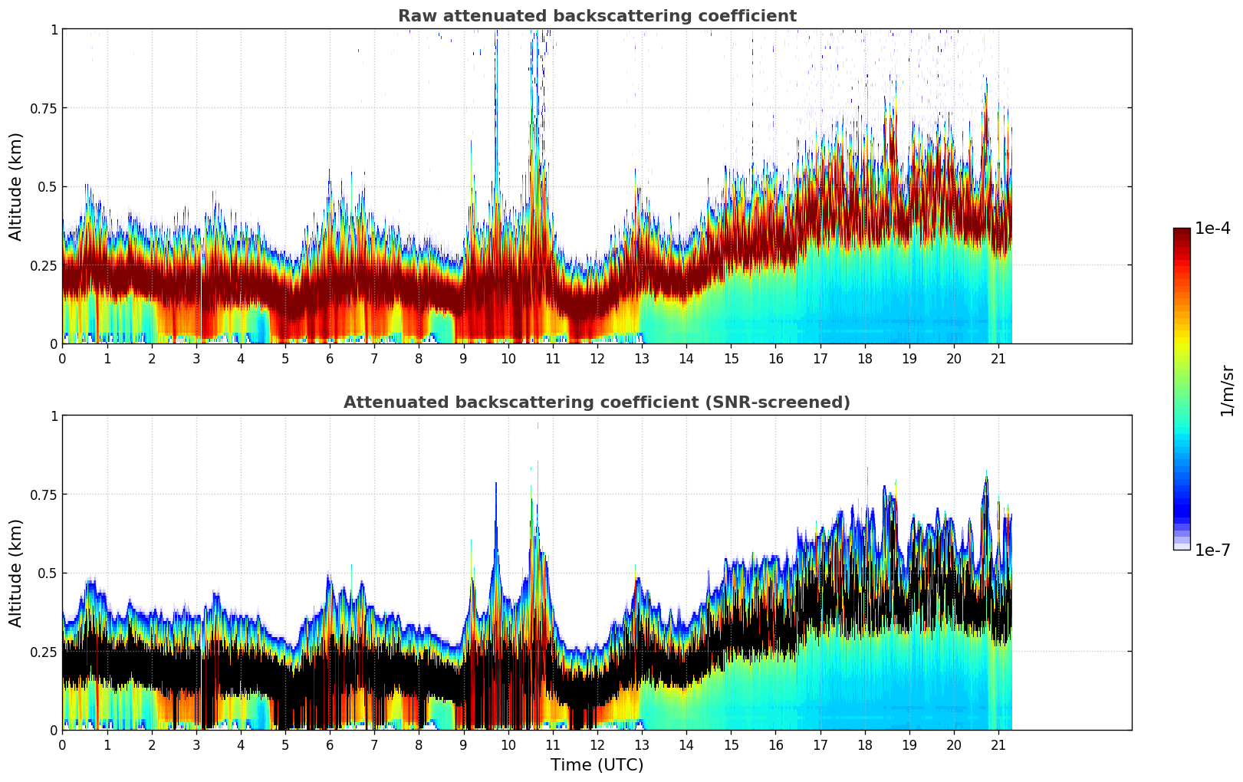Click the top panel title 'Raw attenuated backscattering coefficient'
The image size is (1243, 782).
[597, 16]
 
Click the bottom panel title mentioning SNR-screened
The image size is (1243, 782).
[597, 402]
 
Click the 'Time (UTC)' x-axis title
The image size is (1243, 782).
[597, 765]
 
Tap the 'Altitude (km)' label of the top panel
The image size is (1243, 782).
[16, 186]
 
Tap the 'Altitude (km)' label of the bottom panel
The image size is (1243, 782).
[16, 573]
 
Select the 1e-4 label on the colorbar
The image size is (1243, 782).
[1212, 228]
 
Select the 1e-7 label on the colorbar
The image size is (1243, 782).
[1212, 550]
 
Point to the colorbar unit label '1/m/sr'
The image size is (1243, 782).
[1227, 390]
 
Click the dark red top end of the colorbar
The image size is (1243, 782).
[1182, 232]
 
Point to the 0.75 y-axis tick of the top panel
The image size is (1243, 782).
[44, 108]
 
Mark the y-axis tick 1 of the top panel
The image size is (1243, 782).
[54, 29]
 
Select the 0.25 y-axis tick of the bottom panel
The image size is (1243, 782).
[44, 652]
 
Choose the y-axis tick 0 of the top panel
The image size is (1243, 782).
[54, 343]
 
